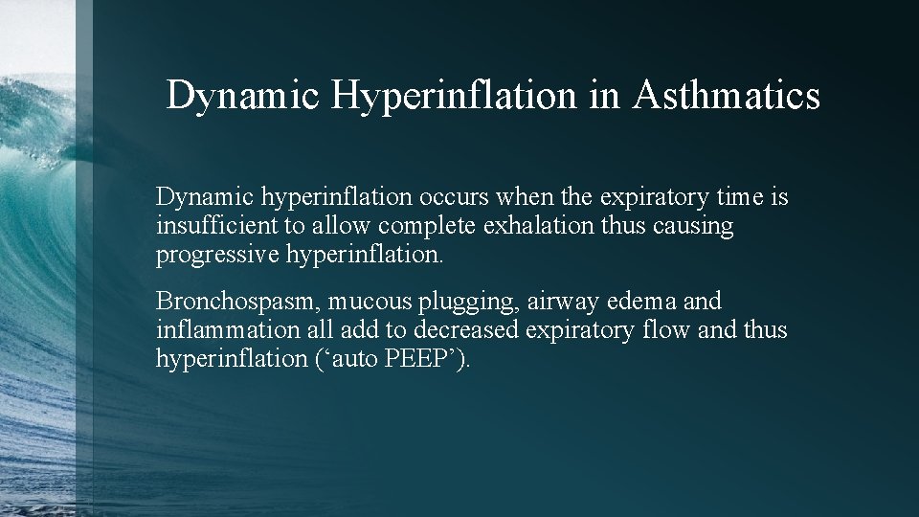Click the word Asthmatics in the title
point(726,97)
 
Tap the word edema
point(640,302)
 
